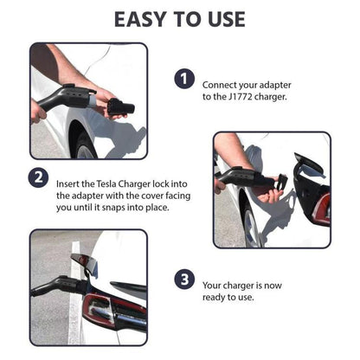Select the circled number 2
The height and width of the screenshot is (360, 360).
(38, 179)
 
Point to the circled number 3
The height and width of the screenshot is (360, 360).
(183, 279)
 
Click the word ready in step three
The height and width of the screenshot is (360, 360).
(215, 297)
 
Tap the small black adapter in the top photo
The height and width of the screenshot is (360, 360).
(119, 107)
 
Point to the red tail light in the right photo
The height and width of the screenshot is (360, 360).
(319, 209)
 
